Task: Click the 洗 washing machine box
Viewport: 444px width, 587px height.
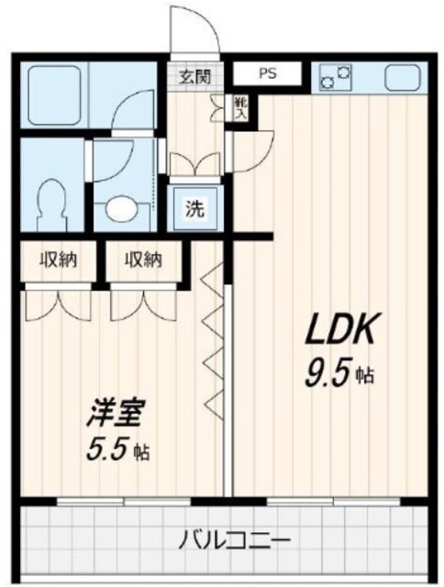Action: point(195,207)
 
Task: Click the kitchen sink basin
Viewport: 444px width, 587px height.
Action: point(402,77)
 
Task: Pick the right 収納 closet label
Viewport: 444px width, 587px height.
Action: point(143,259)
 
